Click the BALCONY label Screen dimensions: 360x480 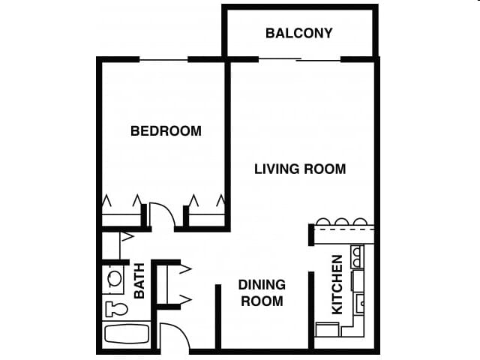tap(298, 33)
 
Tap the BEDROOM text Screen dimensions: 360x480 tap(166, 130)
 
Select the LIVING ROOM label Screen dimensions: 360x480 tap(300, 169)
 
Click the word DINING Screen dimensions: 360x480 tap(262, 284)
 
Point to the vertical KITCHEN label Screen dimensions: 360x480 tap(337, 284)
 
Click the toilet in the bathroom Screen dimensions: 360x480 tap(116, 308)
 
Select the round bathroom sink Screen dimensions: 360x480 tap(115, 278)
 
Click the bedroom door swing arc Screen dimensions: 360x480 tap(163, 215)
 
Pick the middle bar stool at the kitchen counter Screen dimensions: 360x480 tap(342, 222)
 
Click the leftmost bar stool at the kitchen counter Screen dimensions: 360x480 tap(324, 222)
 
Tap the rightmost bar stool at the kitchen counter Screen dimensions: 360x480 tap(360, 222)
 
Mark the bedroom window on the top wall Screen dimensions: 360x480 tap(163, 59)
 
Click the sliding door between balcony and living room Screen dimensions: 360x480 tap(300, 59)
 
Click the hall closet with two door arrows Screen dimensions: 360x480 tap(167, 284)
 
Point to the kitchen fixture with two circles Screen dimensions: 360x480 tap(358, 256)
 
